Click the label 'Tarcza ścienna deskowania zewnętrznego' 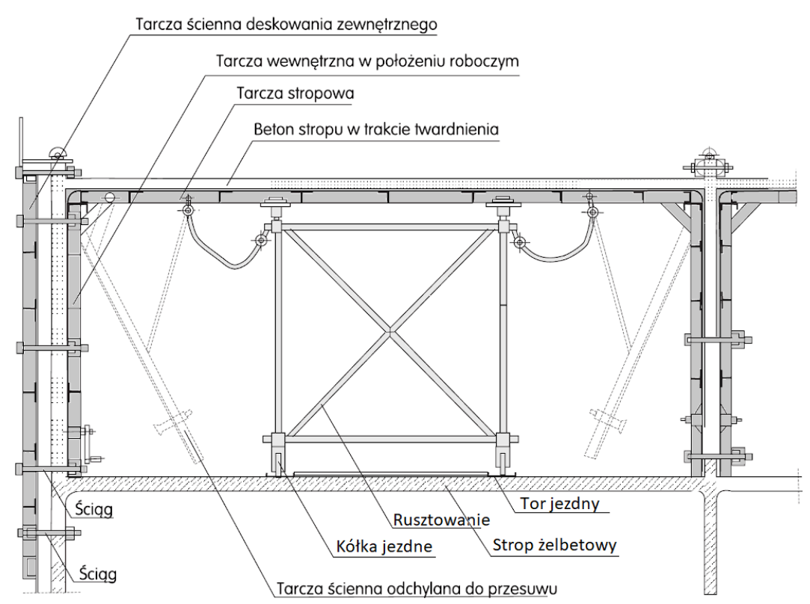(286, 23)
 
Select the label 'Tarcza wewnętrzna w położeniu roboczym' (366, 61)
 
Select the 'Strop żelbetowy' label (554, 544)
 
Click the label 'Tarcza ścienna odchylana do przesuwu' (417, 588)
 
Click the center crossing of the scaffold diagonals (390, 330)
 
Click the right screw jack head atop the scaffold (502, 203)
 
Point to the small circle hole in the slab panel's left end (110, 197)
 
